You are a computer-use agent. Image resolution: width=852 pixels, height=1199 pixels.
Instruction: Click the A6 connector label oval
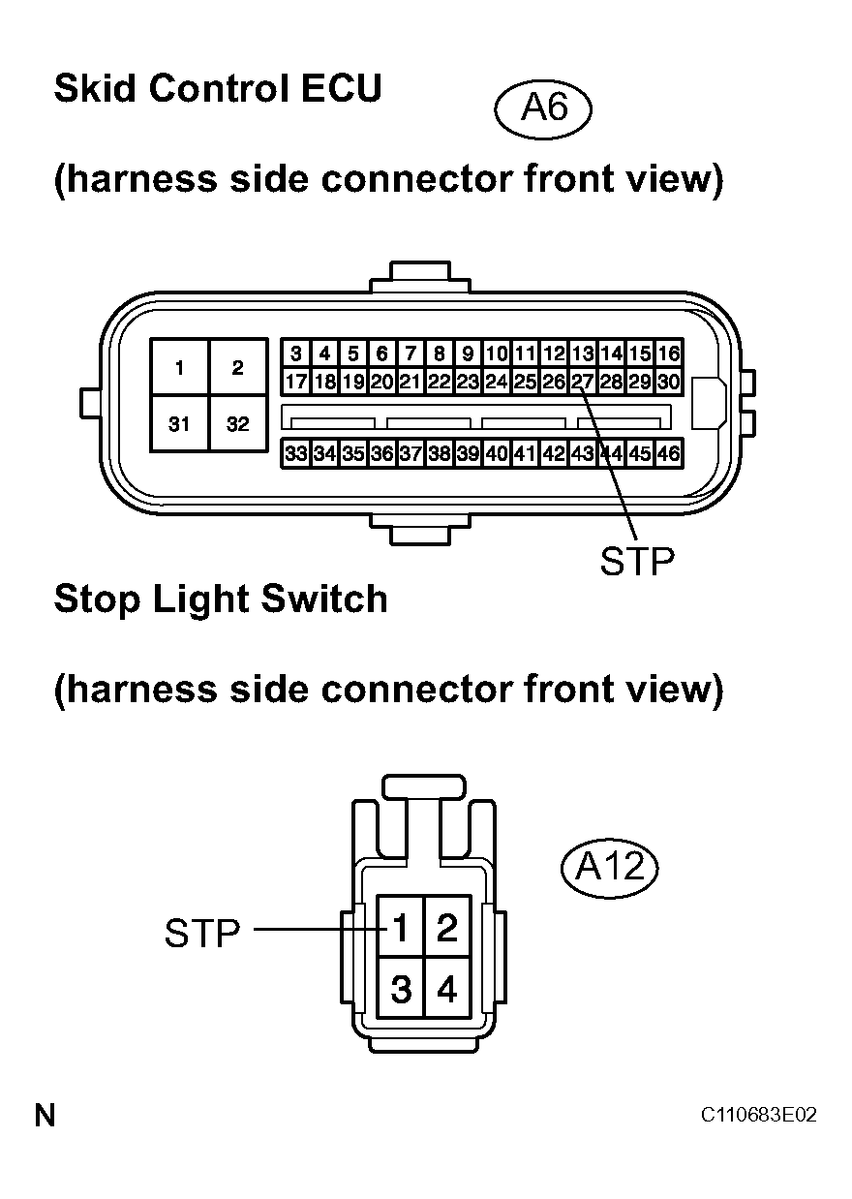[x=543, y=109]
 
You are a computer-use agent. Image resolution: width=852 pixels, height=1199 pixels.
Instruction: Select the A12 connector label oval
[x=610, y=868]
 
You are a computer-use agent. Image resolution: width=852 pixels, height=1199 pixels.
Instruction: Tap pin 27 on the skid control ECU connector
[x=583, y=383]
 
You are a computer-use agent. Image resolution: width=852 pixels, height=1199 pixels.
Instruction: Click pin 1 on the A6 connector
[x=179, y=367]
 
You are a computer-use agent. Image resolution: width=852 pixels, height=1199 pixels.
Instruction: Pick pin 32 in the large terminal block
[x=237, y=424]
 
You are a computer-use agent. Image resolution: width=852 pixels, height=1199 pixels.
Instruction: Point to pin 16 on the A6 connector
[x=669, y=354]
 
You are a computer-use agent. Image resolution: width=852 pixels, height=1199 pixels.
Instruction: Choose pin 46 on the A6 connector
[x=669, y=454]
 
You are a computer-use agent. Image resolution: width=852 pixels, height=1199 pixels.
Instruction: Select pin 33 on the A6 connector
[x=296, y=454]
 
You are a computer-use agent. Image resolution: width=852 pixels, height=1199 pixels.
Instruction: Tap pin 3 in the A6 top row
[x=296, y=354]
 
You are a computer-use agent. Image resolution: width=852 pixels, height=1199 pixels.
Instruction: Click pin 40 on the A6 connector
[x=497, y=454]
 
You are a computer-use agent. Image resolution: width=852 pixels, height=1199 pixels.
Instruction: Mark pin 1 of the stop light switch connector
[x=400, y=927]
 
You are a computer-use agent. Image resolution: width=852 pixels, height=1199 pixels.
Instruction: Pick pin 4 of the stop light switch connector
[x=447, y=988]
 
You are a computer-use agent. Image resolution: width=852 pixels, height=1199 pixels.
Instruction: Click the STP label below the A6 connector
[x=637, y=561]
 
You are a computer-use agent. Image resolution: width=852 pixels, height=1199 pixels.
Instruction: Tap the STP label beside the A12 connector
[x=202, y=934]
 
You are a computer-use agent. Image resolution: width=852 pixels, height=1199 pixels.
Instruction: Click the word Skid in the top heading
[x=95, y=88]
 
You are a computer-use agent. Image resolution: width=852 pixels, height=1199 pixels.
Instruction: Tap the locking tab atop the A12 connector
[x=423, y=786]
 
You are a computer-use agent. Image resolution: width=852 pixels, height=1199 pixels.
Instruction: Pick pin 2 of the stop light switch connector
[x=447, y=927]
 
